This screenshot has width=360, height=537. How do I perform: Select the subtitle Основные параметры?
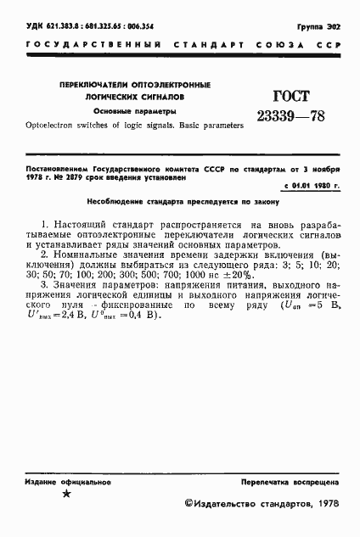135,111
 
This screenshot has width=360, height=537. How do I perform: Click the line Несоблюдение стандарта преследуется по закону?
180,204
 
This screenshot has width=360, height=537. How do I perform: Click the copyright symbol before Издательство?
189,503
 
